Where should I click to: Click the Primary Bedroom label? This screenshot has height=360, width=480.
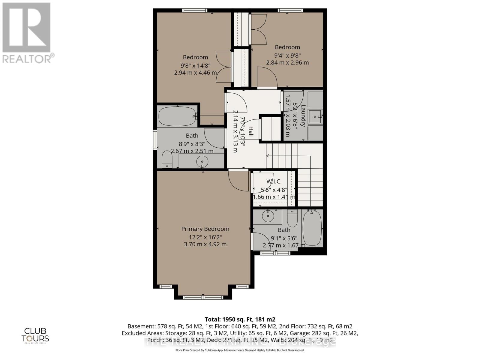pos(205,229)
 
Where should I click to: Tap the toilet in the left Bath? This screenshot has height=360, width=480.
pos(167,160)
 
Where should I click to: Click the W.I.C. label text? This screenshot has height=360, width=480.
pos(274,181)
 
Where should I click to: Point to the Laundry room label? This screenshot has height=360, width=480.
pos(303,115)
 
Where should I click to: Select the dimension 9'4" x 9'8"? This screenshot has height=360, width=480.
pos(287,55)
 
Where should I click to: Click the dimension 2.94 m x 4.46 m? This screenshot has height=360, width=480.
pos(195,73)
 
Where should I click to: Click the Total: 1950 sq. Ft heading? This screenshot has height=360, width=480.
pos(240,319)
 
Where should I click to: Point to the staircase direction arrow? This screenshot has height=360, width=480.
pos(268,156)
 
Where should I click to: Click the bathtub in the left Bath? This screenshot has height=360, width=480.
pos(177,116)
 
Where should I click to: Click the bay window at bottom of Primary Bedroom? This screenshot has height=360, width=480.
pos(203,297)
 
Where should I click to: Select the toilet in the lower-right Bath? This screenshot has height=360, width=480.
pos(292,218)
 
